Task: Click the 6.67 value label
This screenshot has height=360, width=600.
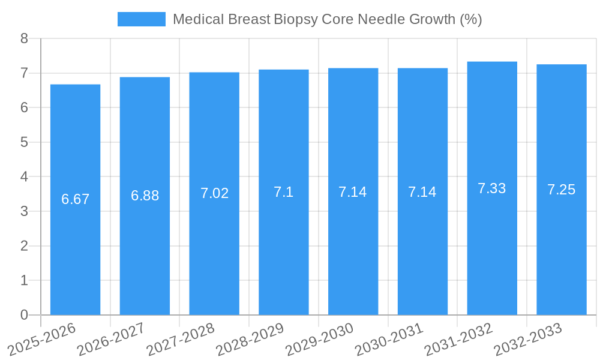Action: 75,199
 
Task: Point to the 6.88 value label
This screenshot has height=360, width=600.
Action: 145,196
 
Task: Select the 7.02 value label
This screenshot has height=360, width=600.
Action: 214,193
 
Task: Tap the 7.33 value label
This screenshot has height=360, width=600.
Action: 492,188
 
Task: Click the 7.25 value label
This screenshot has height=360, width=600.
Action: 562,190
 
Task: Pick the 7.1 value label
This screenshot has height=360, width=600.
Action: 284,192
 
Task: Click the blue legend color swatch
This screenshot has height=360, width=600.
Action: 141,19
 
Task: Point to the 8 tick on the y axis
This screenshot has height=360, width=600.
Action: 24,38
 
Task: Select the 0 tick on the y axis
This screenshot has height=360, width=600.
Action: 24,315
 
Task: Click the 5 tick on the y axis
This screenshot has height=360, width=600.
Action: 24,142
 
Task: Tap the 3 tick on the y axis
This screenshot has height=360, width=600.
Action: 24,211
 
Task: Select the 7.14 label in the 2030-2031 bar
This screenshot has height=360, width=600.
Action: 422,192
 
